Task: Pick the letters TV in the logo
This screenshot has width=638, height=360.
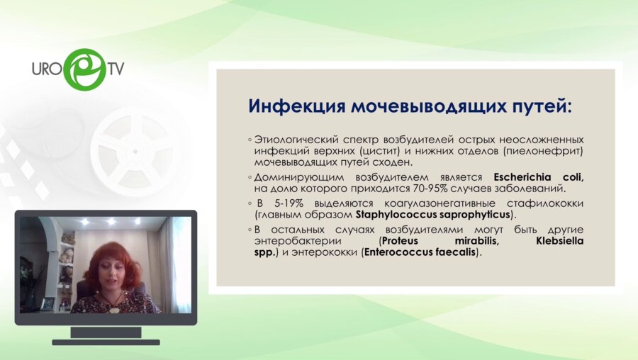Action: [x=116, y=69]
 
